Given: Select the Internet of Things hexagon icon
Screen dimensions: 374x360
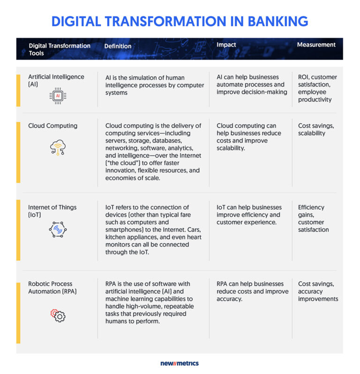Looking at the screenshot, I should [x=58, y=229].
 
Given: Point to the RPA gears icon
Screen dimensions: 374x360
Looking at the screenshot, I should [x=58, y=316].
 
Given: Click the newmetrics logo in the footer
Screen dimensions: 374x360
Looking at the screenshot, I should [x=180, y=363].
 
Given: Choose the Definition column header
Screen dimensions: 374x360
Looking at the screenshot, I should [x=118, y=46].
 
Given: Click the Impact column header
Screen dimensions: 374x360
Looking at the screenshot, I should [x=226, y=45].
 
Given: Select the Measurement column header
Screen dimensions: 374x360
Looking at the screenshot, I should [x=316, y=45].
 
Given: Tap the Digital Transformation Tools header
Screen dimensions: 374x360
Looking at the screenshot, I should [x=60, y=49].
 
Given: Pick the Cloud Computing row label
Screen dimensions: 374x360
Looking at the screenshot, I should [x=53, y=126].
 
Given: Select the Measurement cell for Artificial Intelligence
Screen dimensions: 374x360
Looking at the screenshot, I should [x=317, y=88].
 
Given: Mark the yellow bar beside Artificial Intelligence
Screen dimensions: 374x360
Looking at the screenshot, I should [x=18, y=90].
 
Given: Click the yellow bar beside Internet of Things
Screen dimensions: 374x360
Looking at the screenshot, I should [x=18, y=230].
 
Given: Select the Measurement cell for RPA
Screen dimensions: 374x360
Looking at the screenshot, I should [x=318, y=291].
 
